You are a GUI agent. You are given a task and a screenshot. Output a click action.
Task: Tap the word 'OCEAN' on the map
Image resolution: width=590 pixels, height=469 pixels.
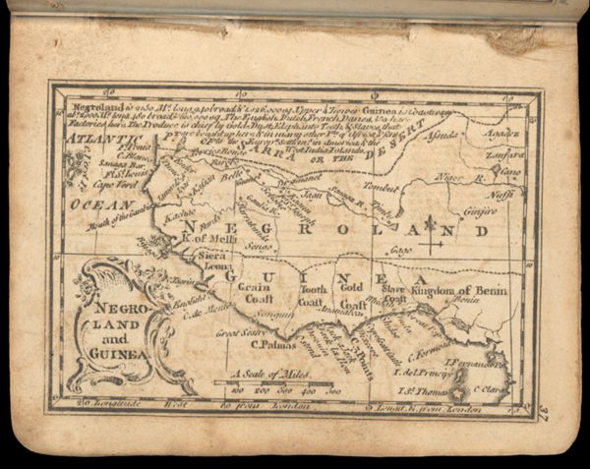tap(100, 205)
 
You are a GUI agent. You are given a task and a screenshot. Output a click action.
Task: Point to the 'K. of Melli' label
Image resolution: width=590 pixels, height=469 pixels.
tap(207, 237)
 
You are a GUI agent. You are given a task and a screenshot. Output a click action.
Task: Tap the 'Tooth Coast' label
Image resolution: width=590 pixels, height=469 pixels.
tap(313, 295)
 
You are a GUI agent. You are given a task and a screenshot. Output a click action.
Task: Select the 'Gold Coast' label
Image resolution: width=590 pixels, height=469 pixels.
tap(352, 292)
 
